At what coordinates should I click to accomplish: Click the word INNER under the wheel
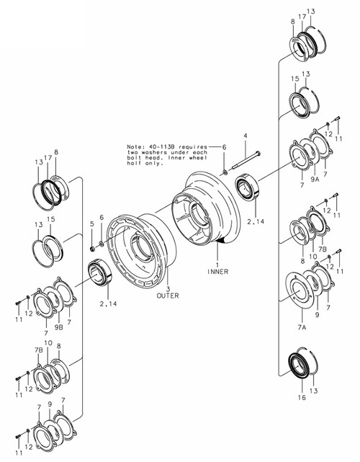tap(217, 271)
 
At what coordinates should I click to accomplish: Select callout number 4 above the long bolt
tap(245, 136)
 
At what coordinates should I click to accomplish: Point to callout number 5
tap(92, 225)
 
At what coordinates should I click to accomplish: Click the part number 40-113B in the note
tap(158, 146)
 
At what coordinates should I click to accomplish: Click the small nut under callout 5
tap(92, 249)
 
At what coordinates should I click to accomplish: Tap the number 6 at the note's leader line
tap(223, 146)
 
